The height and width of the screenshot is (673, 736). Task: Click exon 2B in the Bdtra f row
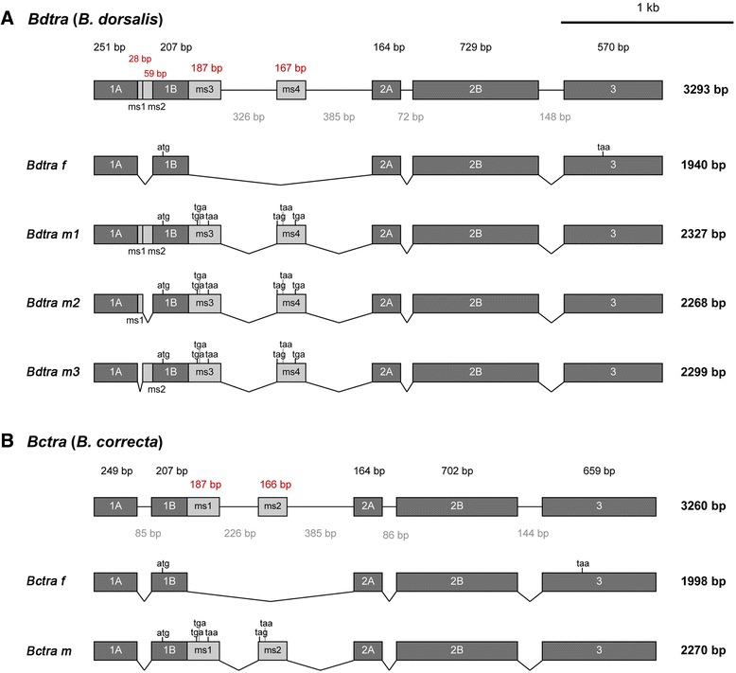tap(476, 166)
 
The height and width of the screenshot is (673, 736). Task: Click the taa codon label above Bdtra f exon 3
tap(604, 148)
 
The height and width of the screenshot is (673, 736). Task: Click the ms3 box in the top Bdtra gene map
tap(204, 90)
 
